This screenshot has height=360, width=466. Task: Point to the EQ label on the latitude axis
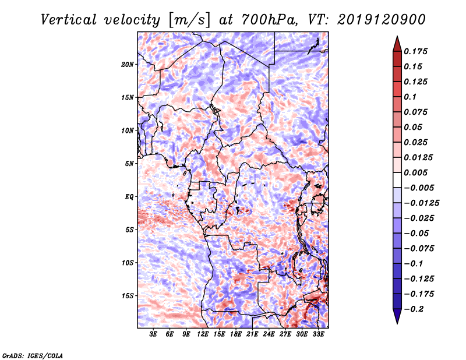[129, 196]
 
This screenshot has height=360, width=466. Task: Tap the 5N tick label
[130, 163]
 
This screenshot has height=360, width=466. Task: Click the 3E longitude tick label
[154, 334]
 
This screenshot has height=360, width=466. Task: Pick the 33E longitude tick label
[319, 334]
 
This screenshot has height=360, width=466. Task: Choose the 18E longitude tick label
[236, 334]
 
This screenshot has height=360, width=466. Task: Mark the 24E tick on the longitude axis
[269, 334]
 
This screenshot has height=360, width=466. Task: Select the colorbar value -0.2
[417, 309]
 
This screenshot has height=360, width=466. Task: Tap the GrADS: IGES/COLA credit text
[32, 355]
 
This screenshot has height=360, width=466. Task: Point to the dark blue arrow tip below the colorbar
[397, 318]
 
